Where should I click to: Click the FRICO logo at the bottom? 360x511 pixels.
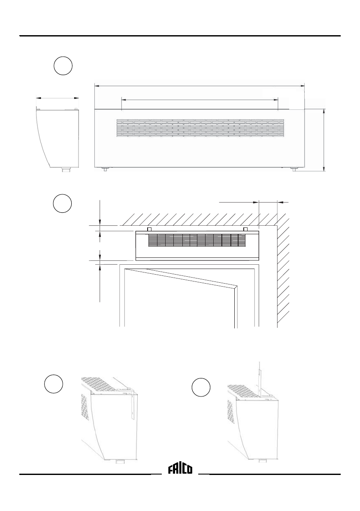click(x=180, y=469)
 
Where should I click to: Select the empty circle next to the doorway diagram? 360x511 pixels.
click(x=63, y=203)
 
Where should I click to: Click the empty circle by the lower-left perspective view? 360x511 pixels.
click(x=54, y=383)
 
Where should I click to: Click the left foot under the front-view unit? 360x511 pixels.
click(x=105, y=169)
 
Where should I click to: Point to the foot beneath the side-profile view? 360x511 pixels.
click(x=66, y=170)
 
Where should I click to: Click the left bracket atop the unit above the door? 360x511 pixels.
click(x=149, y=230)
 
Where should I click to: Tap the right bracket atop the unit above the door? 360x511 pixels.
click(x=245, y=230)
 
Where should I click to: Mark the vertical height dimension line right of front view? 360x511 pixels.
click(x=324, y=139)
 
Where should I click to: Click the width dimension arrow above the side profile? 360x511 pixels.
click(x=57, y=98)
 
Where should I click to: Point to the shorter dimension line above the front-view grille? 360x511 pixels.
click(x=200, y=100)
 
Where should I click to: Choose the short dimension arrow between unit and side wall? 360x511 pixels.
click(x=269, y=201)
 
